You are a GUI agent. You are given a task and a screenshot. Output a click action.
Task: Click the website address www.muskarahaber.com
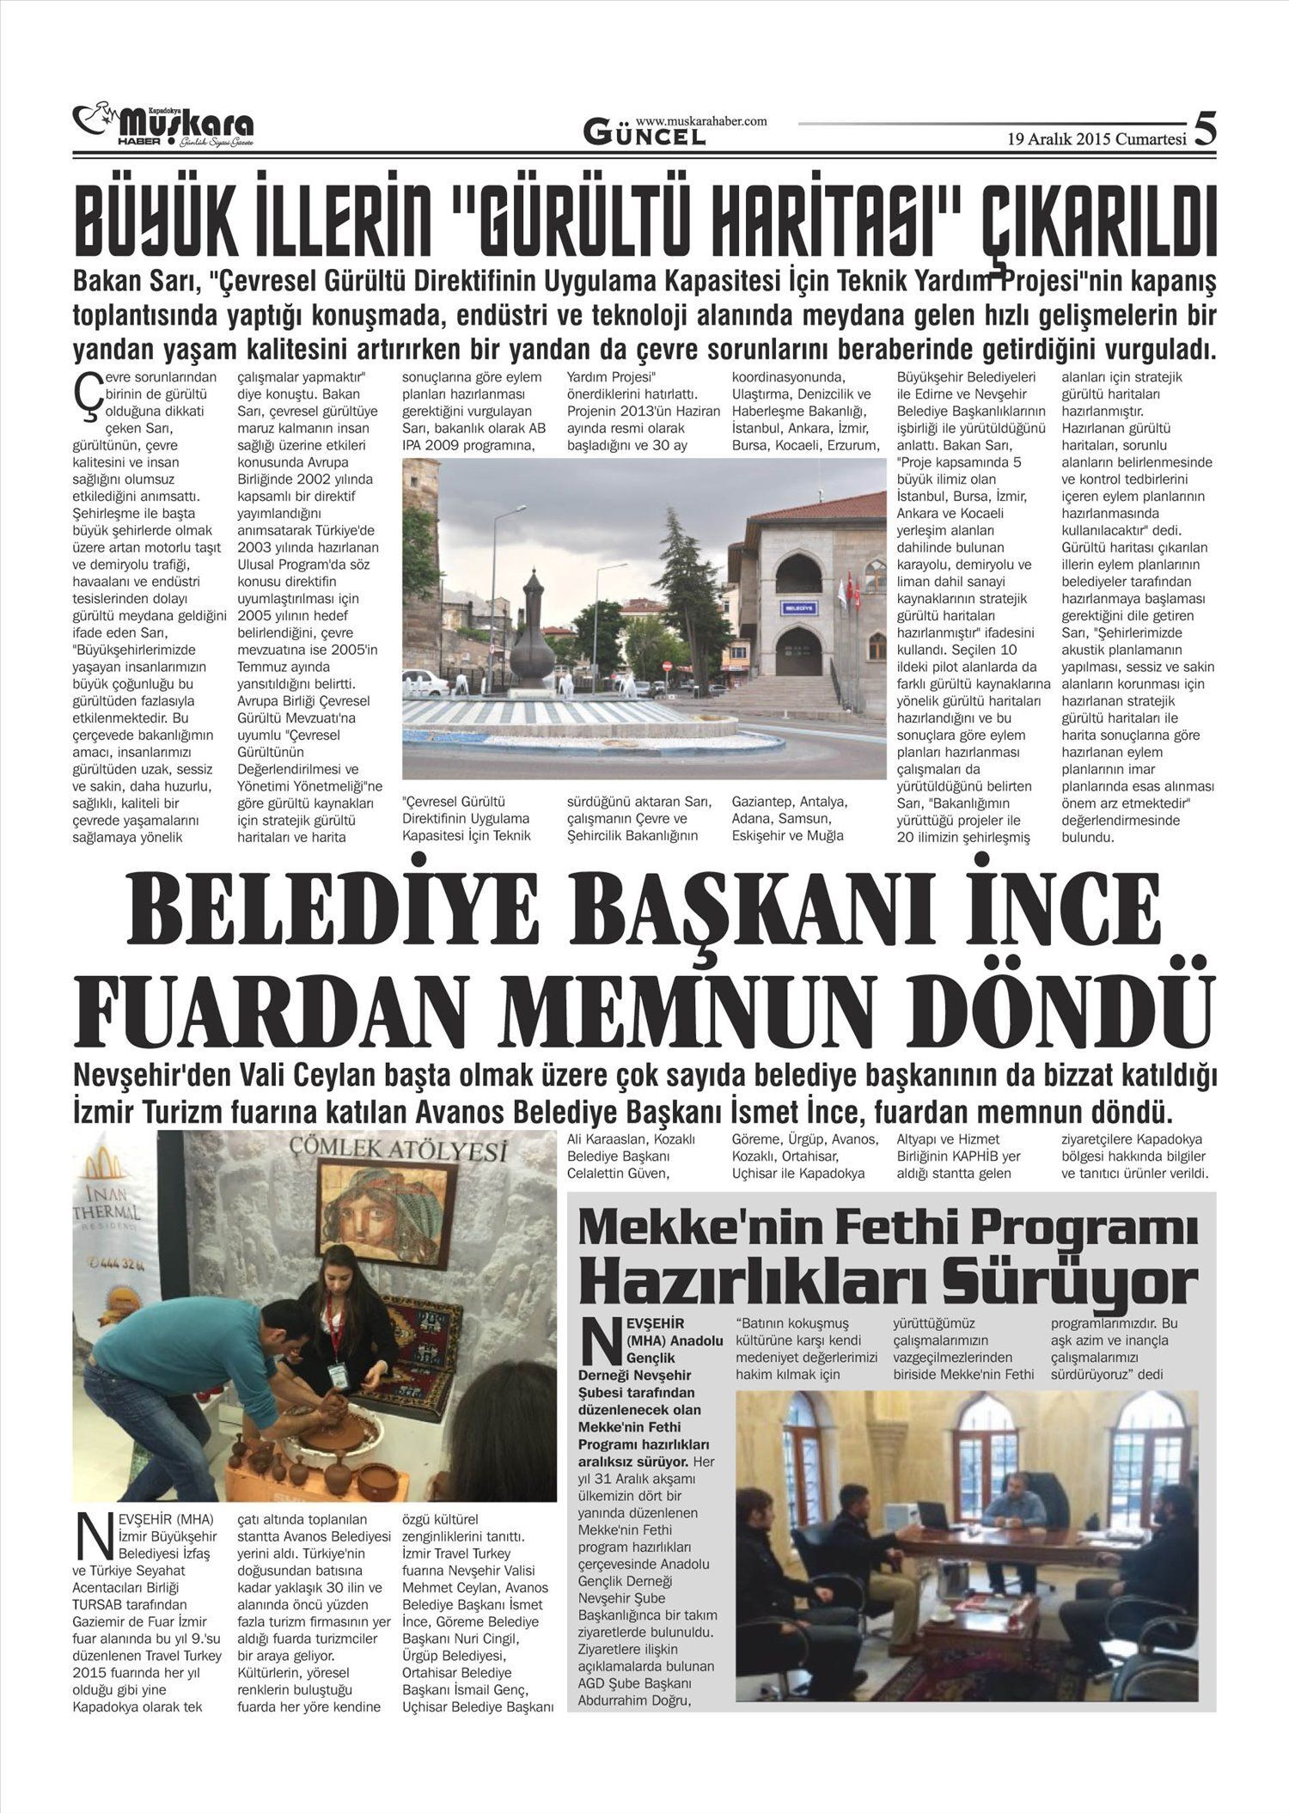click(701, 122)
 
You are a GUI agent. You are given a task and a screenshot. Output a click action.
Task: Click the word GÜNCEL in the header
click(644, 133)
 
